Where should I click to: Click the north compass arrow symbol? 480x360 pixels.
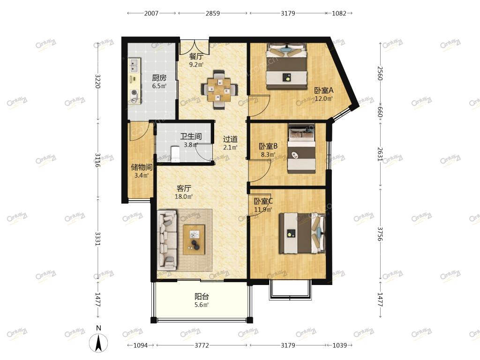[98, 343]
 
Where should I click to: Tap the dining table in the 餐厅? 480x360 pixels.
[219, 90]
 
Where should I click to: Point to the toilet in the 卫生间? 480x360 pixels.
[175, 153]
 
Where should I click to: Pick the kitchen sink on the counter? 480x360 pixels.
[134, 65]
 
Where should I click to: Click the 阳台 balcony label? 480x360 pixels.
[202, 296]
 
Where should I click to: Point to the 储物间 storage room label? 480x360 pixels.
[142, 167]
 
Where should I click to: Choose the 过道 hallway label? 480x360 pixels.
[230, 139]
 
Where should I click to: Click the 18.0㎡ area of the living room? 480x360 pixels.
[184, 196]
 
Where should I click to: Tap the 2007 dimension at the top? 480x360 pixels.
[151, 13]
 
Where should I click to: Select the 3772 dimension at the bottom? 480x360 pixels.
[202, 345]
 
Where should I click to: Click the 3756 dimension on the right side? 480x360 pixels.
[380, 234]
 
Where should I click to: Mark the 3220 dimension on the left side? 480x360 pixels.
[98, 81]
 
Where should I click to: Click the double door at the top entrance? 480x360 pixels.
[194, 46]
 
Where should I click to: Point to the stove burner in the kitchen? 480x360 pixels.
[134, 92]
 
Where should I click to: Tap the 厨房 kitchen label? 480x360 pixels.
[159, 78]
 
